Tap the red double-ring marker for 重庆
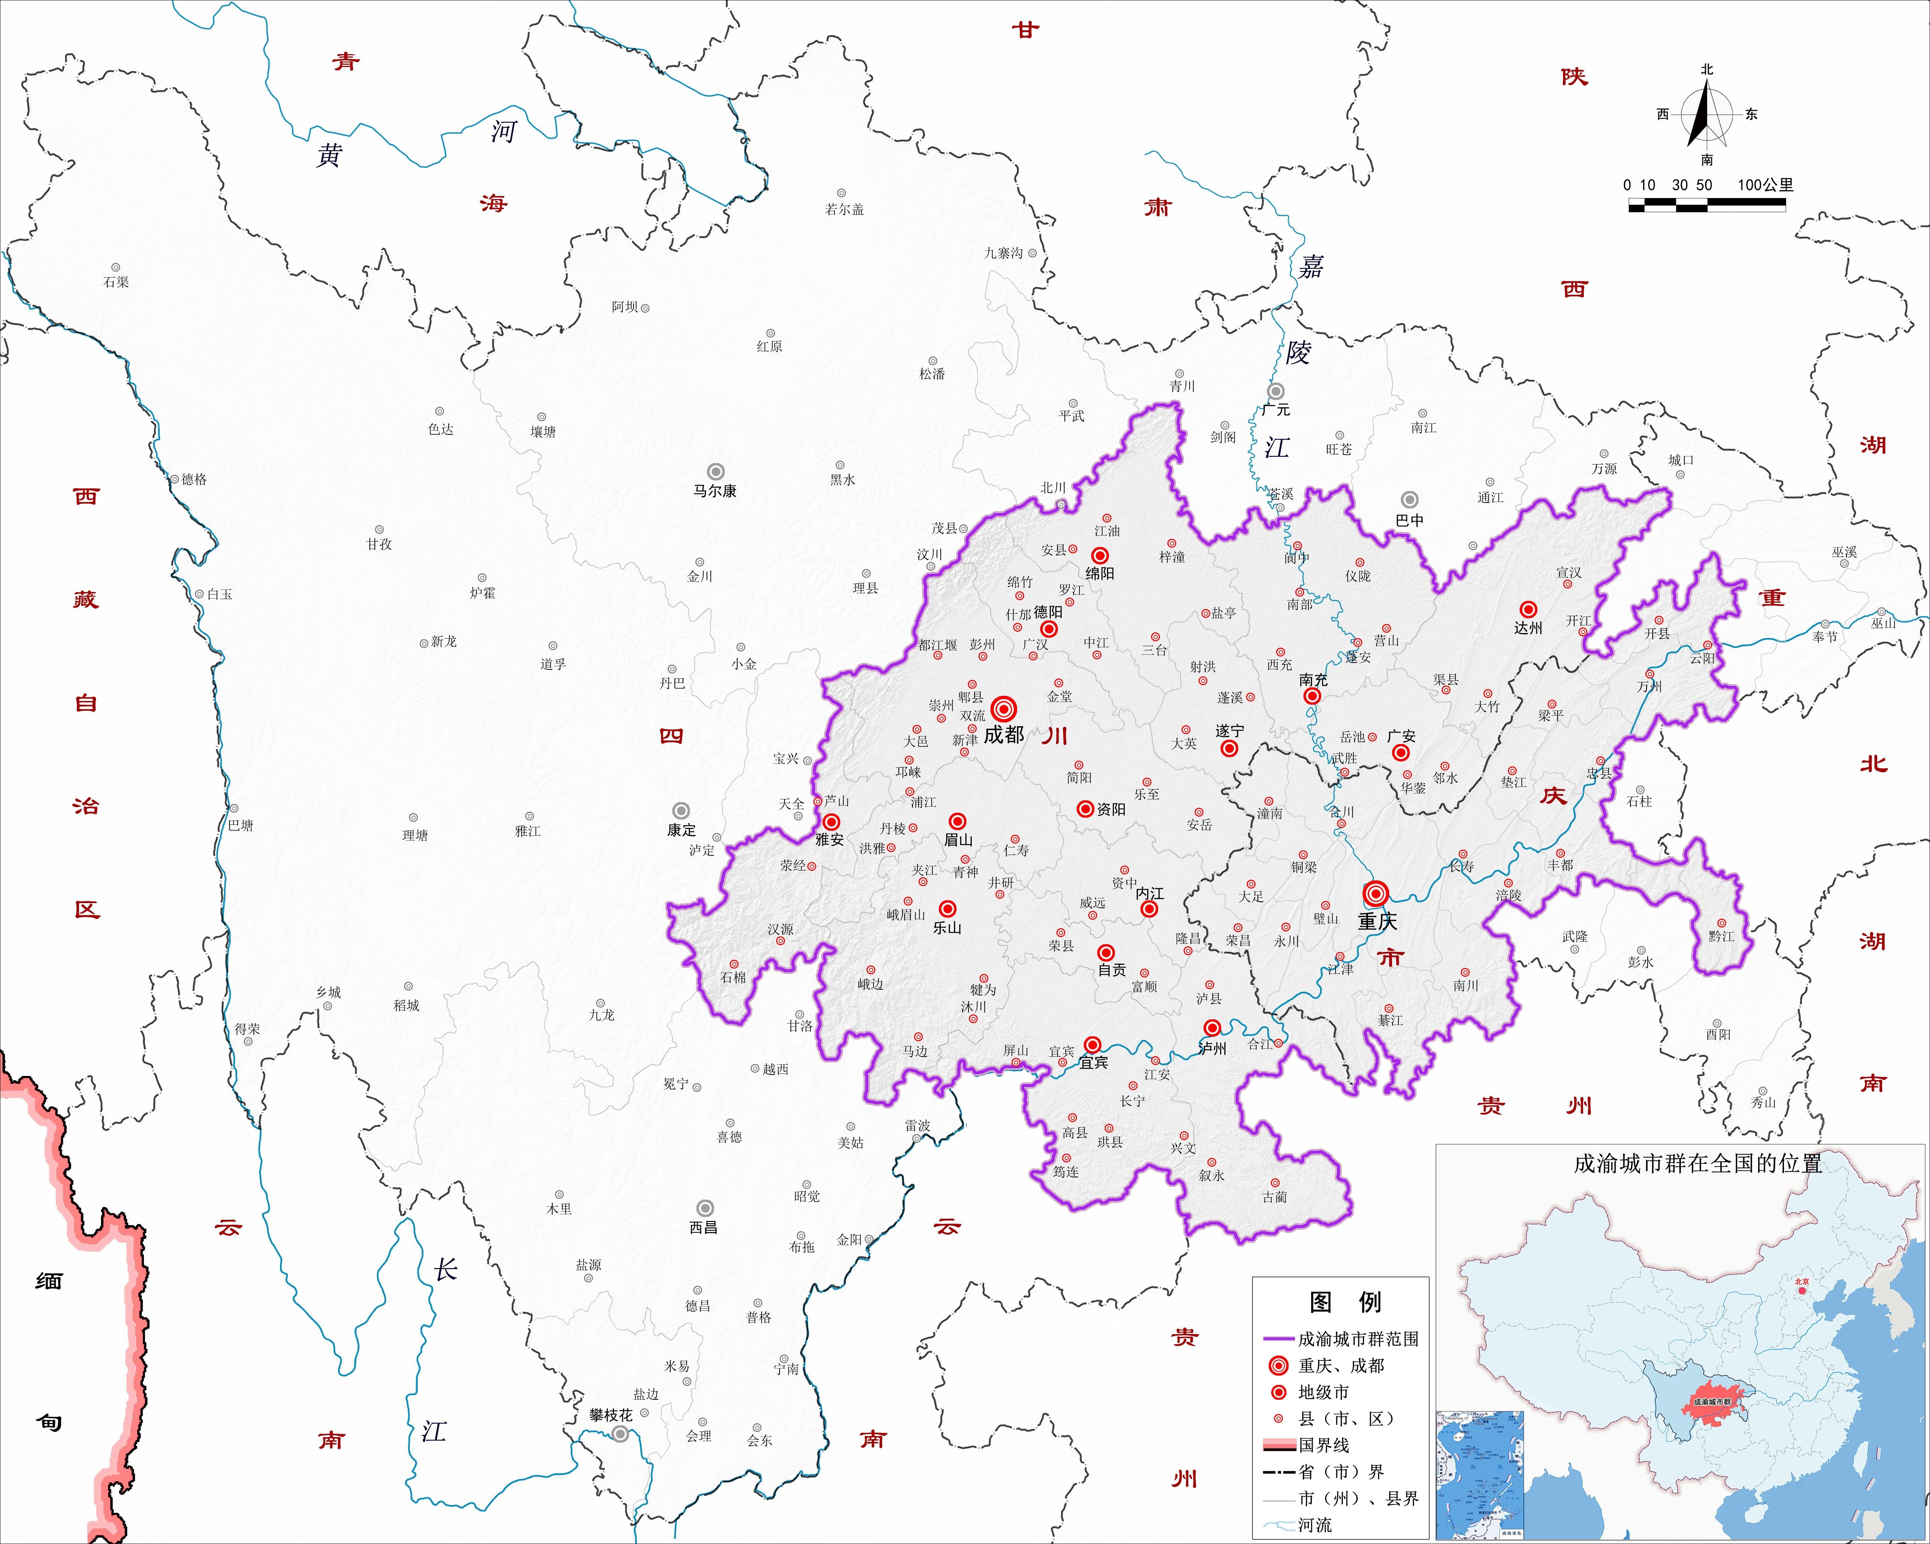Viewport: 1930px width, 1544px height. (x=1376, y=893)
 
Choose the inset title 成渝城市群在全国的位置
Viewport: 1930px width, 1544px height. (x=1697, y=1163)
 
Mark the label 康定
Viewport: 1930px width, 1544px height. (x=681, y=830)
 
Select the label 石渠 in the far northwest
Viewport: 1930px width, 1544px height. (x=116, y=282)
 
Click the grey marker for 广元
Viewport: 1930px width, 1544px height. (x=1276, y=391)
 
